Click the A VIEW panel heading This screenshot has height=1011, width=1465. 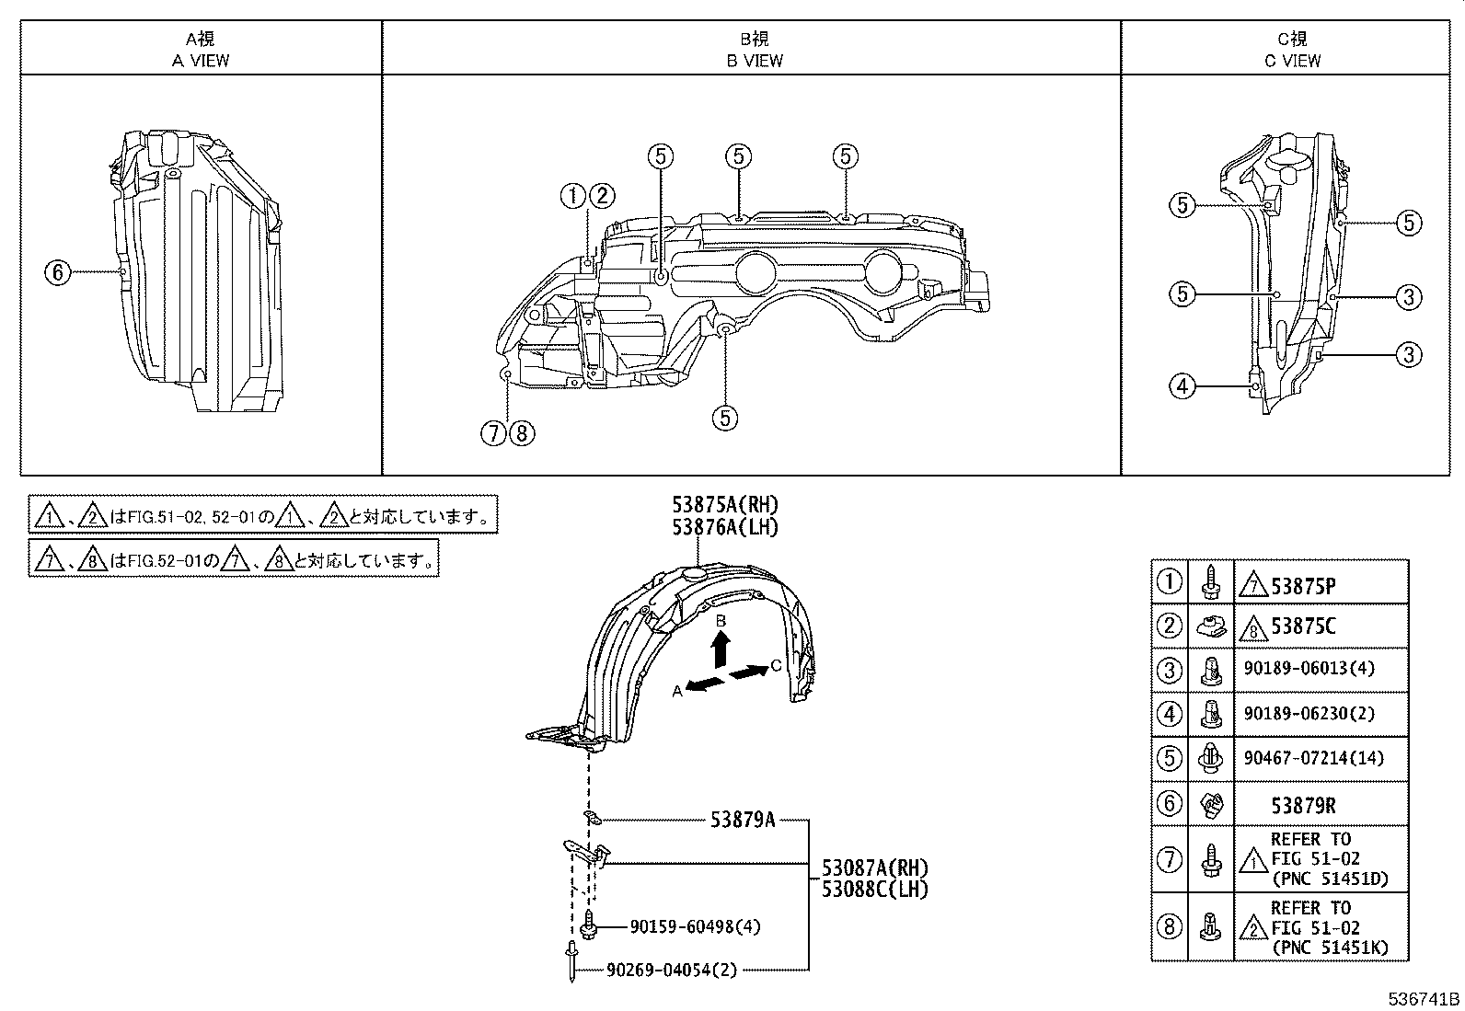[x=201, y=50]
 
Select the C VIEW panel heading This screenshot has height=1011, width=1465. [x=1292, y=50]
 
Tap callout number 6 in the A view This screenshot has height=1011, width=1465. [x=57, y=271]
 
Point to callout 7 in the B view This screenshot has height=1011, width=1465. [x=494, y=432]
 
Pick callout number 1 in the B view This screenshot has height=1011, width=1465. [x=572, y=195]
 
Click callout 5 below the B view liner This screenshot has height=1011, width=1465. [x=724, y=418]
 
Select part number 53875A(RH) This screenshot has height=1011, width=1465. [x=725, y=504]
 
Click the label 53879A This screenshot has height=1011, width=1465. [x=742, y=819]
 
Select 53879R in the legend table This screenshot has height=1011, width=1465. [x=1303, y=805]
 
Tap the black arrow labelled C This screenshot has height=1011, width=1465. [x=749, y=672]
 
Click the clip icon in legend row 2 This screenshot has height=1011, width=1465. [x=1211, y=627]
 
